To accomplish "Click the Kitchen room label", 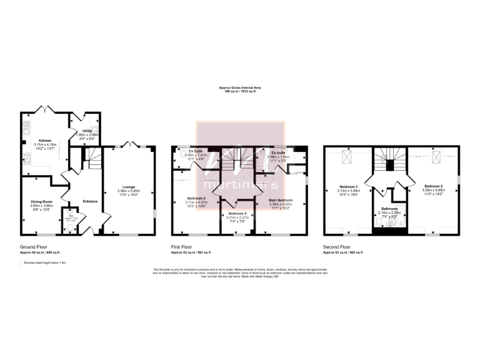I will (44, 141).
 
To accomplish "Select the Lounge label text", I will (128, 187).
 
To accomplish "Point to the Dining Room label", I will (42, 201).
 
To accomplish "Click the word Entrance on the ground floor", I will (90, 201).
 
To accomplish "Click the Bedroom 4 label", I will (196, 199).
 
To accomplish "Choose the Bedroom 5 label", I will (237, 214).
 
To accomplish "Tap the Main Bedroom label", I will (280, 199).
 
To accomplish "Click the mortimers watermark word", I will (241, 185).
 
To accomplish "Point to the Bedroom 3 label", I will (348, 186).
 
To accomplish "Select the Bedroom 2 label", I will (434, 186).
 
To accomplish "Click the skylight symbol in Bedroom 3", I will (345, 159).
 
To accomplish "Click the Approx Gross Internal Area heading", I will (241, 88).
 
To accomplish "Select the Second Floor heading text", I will (338, 247).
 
